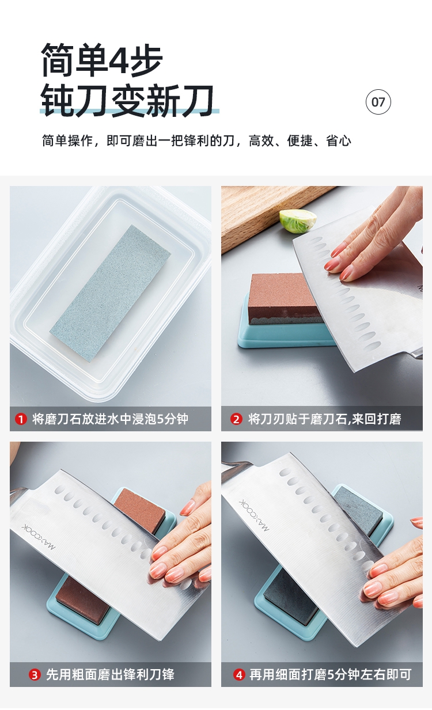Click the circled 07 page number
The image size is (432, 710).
pos(378,102)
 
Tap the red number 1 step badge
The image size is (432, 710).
pos(21,419)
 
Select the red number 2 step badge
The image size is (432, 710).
pos(236,419)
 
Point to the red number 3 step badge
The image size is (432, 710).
pos(35,675)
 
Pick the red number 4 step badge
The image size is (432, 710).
pos(239,675)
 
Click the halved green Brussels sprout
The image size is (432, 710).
pos(298,221)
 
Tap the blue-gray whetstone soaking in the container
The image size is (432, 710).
pos(110,294)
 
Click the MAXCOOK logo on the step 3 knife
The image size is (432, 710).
pos(39,537)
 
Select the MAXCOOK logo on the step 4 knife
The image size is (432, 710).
pos(254,515)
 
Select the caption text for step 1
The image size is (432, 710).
pos(110,419)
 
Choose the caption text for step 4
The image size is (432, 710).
pos(330,675)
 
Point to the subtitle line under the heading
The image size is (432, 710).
pos(196,141)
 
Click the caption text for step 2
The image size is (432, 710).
pos(324,419)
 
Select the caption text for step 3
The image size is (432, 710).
pos(110,675)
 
